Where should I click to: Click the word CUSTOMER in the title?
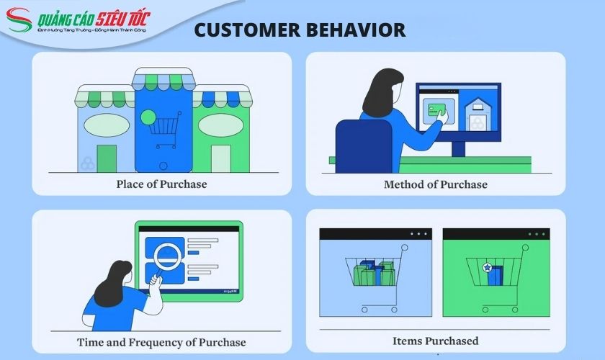(x=247, y=30)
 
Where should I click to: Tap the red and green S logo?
(x=19, y=19)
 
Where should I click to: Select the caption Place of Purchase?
(x=161, y=184)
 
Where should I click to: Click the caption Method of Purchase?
(x=436, y=184)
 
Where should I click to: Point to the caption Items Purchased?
(x=436, y=341)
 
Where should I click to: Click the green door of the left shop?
(x=107, y=158)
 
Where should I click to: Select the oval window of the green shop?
(x=220, y=125)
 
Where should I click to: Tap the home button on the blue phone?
(x=163, y=166)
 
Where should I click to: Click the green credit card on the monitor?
(x=436, y=110)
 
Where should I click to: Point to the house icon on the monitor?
(x=478, y=114)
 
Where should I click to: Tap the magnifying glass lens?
(x=169, y=256)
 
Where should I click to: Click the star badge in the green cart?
(x=488, y=267)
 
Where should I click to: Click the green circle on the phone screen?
(x=148, y=117)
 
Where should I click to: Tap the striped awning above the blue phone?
(x=163, y=79)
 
